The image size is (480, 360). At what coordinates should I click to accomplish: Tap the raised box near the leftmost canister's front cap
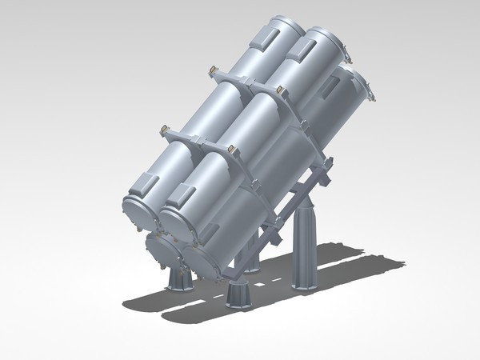point(149,183)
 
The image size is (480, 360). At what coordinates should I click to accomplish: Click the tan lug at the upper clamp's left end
point(213,72)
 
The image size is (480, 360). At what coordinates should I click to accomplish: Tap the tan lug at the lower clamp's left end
point(163,129)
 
